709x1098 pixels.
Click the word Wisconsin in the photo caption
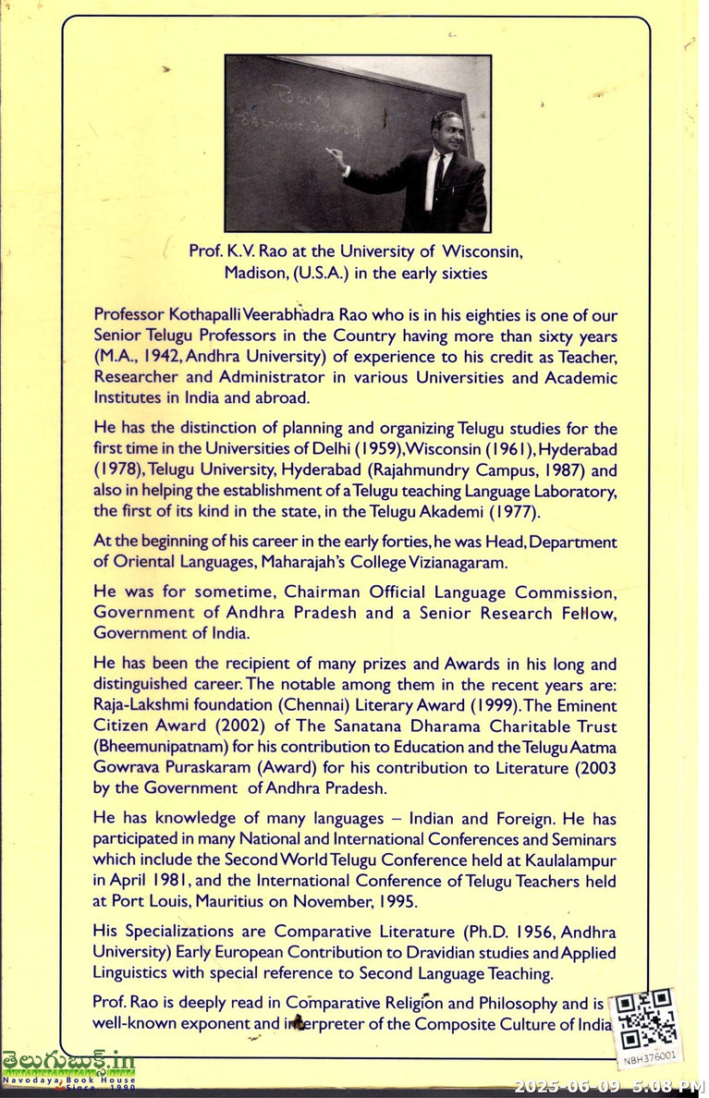click(483, 250)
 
